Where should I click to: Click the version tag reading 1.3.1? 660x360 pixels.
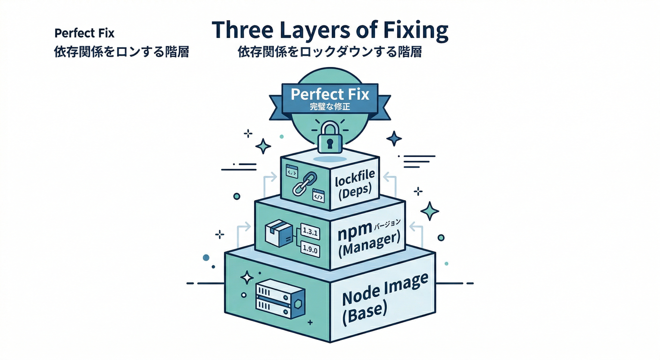click(309, 231)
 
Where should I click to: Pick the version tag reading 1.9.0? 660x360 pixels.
click(309, 249)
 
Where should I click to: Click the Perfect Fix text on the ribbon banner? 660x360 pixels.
click(330, 94)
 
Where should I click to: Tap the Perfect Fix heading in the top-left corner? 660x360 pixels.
click(84, 33)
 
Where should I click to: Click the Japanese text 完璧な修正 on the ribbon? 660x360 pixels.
click(330, 107)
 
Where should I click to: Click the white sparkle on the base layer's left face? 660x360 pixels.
click(247, 278)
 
